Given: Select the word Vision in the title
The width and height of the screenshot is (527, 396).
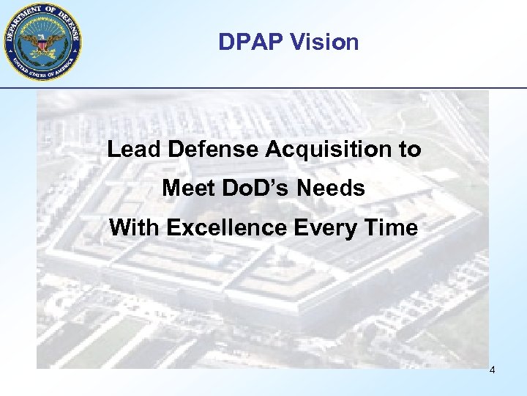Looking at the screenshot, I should (324, 42).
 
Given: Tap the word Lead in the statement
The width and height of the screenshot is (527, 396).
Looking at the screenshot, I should (135, 150).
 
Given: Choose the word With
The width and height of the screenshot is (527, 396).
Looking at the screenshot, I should (135, 227).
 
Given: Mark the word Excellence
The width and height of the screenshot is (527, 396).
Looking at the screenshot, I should (227, 227).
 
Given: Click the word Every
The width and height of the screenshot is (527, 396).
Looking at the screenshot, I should (329, 227).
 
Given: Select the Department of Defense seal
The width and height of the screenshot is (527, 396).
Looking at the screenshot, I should (42, 41).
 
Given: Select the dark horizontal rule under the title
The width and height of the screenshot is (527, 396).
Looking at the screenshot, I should (293, 88).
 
